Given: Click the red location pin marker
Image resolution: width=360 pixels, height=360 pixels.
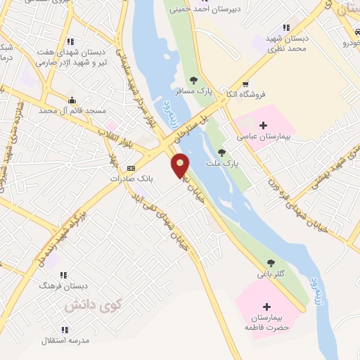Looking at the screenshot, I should coord(181,166).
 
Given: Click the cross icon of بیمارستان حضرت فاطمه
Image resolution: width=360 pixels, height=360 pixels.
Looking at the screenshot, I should coord(266,307).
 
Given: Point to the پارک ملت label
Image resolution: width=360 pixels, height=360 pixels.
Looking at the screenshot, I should coord(223,163).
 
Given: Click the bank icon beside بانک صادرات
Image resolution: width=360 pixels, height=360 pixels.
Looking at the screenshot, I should coord(131,169).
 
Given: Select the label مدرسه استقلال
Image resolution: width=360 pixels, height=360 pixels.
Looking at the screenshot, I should coord(65,340).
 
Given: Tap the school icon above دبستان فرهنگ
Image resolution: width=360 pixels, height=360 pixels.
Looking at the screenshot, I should coord(64,276).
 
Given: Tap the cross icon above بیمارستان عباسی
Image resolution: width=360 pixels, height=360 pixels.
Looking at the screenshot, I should coord(264,125).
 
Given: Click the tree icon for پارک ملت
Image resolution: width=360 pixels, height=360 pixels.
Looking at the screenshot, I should coord(222,151).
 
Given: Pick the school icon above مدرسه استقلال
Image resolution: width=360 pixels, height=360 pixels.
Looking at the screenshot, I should coord(65,329).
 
